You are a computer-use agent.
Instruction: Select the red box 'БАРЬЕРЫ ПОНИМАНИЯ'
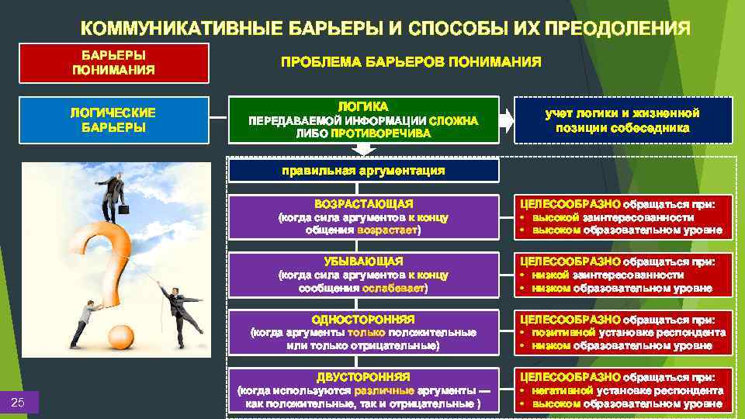point(113,63)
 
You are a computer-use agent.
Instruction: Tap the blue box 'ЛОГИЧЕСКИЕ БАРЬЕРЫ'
point(113,119)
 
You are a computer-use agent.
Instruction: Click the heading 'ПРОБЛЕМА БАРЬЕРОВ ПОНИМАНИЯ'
point(411,62)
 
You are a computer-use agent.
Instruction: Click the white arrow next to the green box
point(506,119)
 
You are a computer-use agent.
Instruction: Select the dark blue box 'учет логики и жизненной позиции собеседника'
point(622,119)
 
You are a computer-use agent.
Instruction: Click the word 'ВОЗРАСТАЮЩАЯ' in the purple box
point(363,203)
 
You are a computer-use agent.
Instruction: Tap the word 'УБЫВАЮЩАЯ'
point(363,261)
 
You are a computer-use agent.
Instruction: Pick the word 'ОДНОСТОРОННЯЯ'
point(363,319)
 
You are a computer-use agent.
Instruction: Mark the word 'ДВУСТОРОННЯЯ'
point(363,377)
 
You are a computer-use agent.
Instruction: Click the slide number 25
point(19,401)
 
